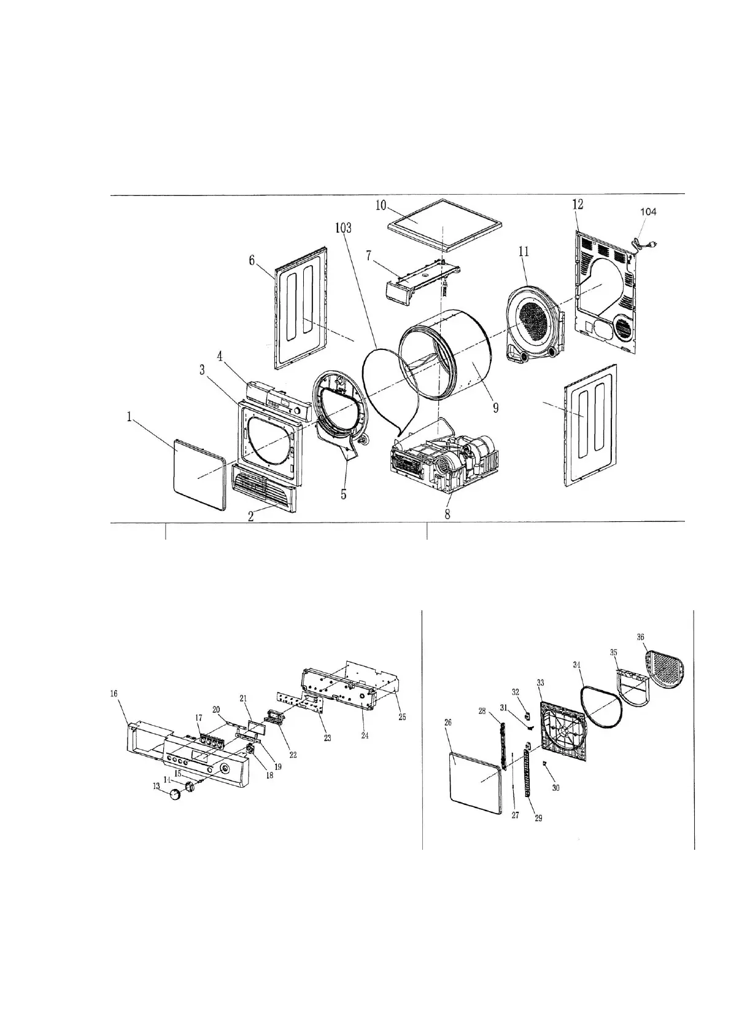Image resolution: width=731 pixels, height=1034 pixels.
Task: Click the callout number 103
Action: coord(343,228)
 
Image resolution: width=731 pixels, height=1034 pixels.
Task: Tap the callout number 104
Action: coord(648,212)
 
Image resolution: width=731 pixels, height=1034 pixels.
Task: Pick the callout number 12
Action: coord(578,204)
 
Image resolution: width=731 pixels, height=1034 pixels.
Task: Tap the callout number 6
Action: coord(251,260)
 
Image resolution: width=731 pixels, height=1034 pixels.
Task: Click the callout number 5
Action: coord(344,493)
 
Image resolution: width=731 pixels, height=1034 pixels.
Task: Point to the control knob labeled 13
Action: coord(176,796)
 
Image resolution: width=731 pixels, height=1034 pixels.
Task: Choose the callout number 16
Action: coord(114,693)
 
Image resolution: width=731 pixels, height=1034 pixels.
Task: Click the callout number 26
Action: coord(447,723)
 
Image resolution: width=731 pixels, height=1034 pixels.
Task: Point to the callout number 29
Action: coord(538,818)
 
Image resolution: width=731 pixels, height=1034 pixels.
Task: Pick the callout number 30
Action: coord(556,788)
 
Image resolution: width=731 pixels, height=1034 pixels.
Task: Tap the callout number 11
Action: coord(524,251)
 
